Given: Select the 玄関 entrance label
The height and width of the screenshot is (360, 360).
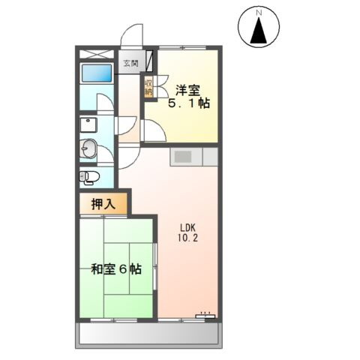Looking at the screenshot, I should pos(130,64).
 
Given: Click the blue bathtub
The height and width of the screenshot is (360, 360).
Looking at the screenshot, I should pos(96,73).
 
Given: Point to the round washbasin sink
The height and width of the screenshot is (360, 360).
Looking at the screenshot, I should pos(88,148).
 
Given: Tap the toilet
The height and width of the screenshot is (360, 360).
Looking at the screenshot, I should pos(90,177).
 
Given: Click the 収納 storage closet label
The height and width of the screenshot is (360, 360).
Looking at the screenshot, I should pos(149,87).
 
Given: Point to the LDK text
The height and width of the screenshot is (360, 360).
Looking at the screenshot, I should pos(186,228).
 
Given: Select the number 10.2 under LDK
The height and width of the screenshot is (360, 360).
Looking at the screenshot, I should pos(186,240).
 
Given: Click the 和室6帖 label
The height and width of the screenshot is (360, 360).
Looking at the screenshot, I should pos(116,269).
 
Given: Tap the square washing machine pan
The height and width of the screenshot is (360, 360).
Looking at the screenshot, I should pos(88,124).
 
